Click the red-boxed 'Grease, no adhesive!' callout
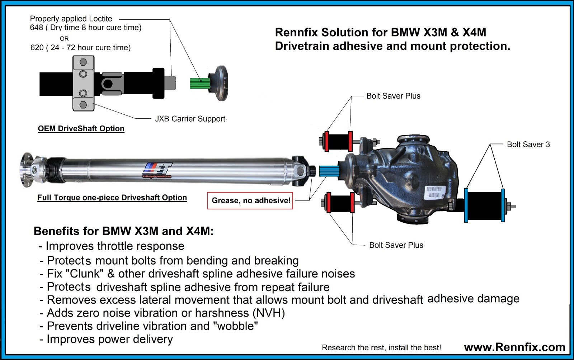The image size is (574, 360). point(250,200)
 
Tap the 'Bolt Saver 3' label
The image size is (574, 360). point(528,145)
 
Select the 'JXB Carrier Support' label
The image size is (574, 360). point(190,119)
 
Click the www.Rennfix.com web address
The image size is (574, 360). point(514,347)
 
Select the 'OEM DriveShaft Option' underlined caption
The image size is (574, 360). point(81,128)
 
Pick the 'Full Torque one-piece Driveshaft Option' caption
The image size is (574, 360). point(112,198)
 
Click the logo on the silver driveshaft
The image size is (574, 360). point(158,170)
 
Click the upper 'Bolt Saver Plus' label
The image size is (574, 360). point(393,96)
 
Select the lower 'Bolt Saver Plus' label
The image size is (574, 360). point(396,245)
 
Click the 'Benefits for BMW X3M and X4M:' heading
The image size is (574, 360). point(123,231)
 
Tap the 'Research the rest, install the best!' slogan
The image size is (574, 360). point(381,347)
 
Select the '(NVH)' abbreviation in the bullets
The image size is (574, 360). point(269,313)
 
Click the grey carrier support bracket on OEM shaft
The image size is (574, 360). point(83,84)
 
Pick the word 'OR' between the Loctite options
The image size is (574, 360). point(64,38)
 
